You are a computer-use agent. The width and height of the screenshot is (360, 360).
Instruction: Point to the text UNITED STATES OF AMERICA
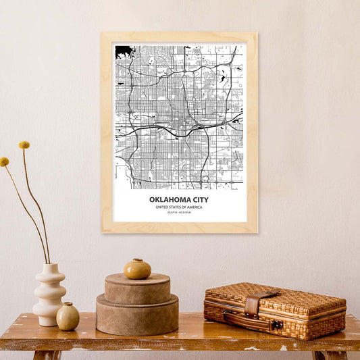pyautogui.click(x=179, y=207)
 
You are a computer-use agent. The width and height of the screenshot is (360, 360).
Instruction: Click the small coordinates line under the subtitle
pyautogui.click(x=179, y=213)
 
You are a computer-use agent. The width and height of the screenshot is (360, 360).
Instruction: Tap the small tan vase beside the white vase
pyautogui.click(x=68, y=317)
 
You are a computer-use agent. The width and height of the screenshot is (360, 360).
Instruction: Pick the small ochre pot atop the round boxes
pyautogui.click(x=137, y=269)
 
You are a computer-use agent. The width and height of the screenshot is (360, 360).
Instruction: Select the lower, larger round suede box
pyautogui.click(x=137, y=316)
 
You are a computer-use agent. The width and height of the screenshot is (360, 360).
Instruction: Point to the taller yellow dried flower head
pyautogui.click(x=24, y=145)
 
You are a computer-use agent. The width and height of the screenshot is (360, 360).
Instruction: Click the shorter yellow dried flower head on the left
pyautogui.click(x=5, y=162)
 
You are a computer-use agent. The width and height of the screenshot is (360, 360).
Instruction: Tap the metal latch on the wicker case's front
pyautogui.click(x=277, y=325)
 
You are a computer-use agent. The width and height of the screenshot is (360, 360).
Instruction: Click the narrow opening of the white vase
pyautogui.click(x=49, y=265)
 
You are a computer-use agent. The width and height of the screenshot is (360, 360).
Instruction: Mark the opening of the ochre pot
pyautogui.click(x=137, y=260)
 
